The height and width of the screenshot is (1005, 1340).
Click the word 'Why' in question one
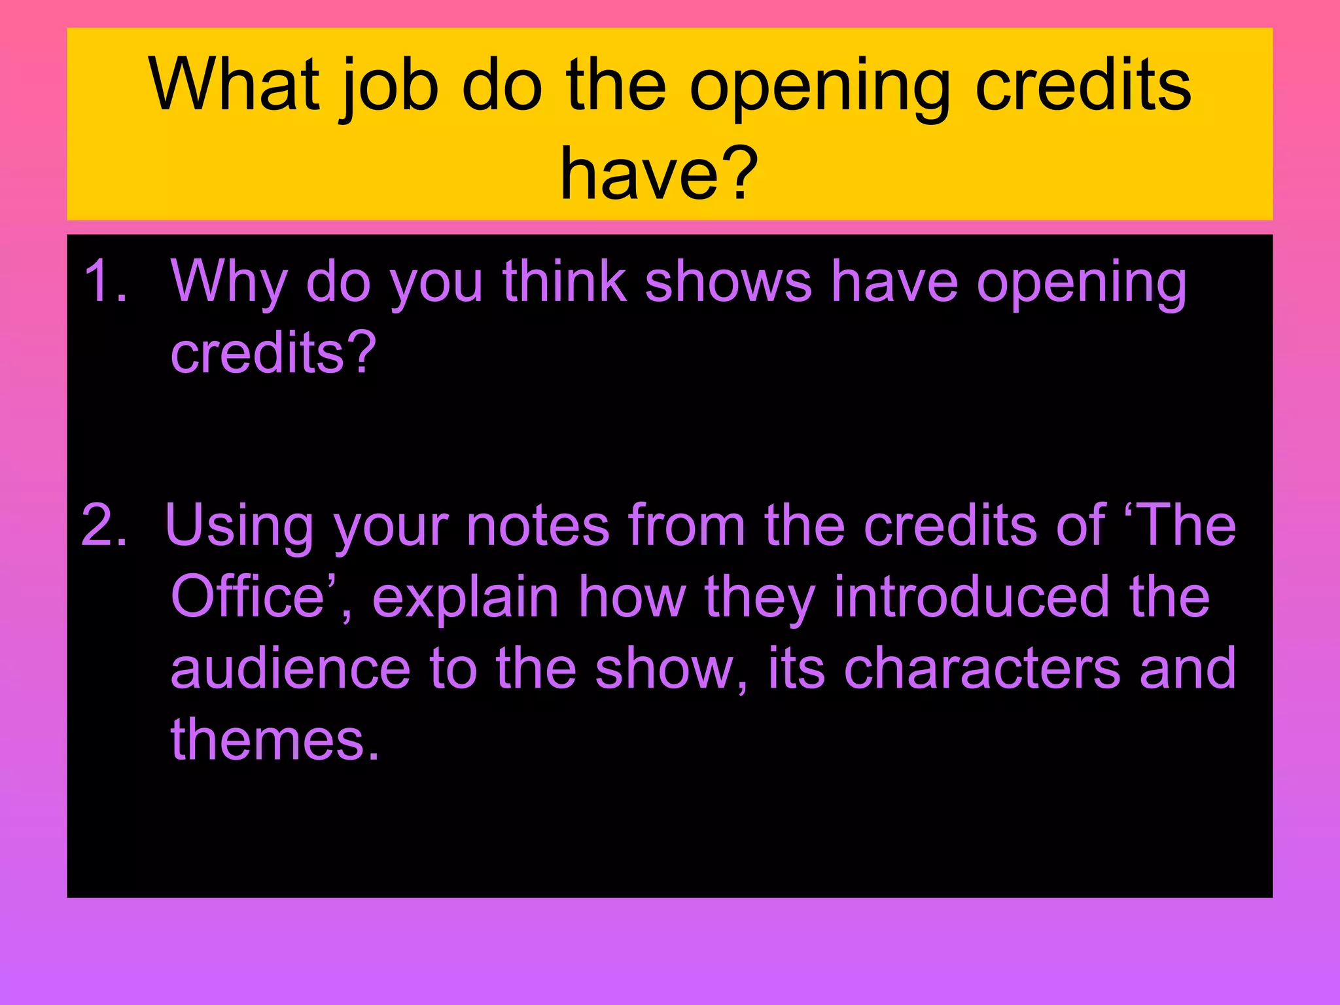[x=229, y=283]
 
